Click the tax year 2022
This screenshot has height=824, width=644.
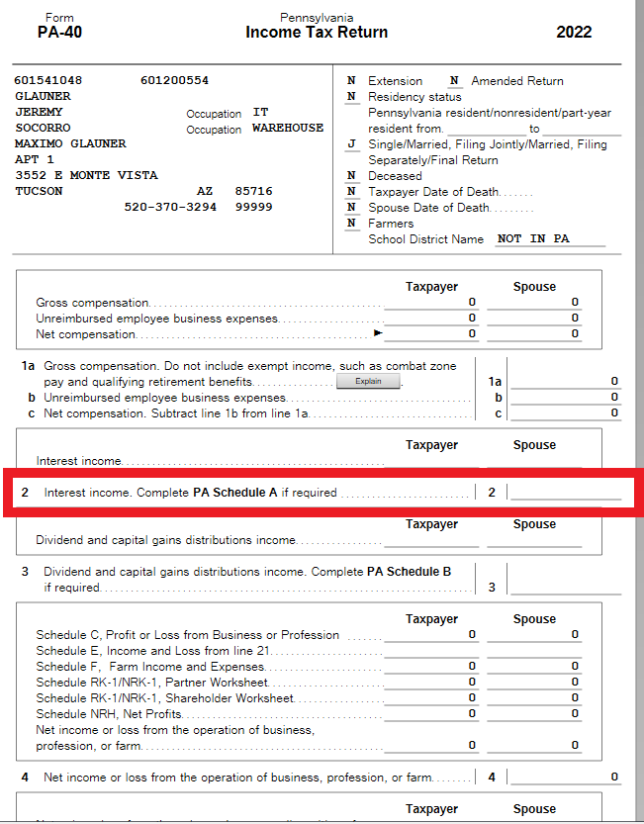point(574,32)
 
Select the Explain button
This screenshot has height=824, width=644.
point(368,381)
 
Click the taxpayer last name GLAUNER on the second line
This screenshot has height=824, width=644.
point(43,96)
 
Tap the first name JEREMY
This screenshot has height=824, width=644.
point(39,112)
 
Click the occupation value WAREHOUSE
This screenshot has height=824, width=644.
point(287,128)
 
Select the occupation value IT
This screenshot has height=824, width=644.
point(260,112)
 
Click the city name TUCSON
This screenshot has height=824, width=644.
point(39,191)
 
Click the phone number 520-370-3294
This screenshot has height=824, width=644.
point(170,207)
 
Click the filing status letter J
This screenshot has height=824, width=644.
point(351,144)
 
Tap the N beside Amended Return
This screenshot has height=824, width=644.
point(454,80)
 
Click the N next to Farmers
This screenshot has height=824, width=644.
point(351,223)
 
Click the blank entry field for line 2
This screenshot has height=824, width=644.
point(565,492)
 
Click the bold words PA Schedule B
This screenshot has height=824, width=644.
point(409,571)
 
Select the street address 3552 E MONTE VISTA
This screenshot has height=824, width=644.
point(86,175)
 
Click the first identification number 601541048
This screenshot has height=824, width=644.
point(48,80)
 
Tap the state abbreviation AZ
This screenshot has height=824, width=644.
point(205,191)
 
